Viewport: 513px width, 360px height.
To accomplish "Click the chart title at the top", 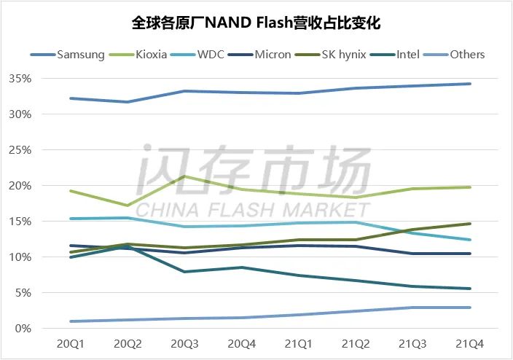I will coord(256,23).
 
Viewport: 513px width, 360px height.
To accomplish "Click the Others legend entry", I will coord(467,54).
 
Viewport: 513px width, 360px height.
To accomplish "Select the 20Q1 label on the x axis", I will coord(70,343).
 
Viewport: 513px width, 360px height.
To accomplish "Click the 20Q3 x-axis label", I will coord(184,343).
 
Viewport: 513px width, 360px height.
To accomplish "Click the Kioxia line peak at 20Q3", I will coord(184,176).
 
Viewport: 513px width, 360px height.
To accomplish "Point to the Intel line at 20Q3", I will coord(184,272).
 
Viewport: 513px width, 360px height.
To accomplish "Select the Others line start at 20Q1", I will coord(70,321).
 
